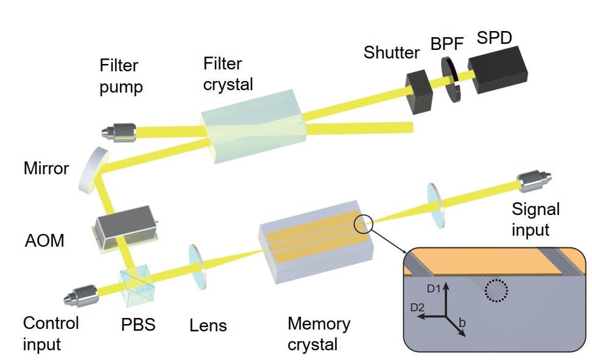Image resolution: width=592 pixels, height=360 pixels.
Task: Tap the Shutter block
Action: tap(419, 92)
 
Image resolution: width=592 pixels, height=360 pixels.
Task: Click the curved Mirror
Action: tap(94, 169)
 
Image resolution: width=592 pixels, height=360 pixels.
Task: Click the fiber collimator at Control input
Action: tap(80, 297)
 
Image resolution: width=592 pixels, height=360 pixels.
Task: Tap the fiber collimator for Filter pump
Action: tap(119, 130)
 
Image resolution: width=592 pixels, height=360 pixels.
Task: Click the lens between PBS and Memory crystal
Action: tap(198, 266)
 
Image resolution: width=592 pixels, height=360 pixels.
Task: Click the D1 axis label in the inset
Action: tap(434, 286)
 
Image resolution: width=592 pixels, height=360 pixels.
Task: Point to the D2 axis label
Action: tap(418, 308)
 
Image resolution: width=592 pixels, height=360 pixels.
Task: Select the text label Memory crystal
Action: tap(319, 333)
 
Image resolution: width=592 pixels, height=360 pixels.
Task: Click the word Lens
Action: tap(208, 325)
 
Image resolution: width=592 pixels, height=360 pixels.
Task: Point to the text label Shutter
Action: tap(392, 52)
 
